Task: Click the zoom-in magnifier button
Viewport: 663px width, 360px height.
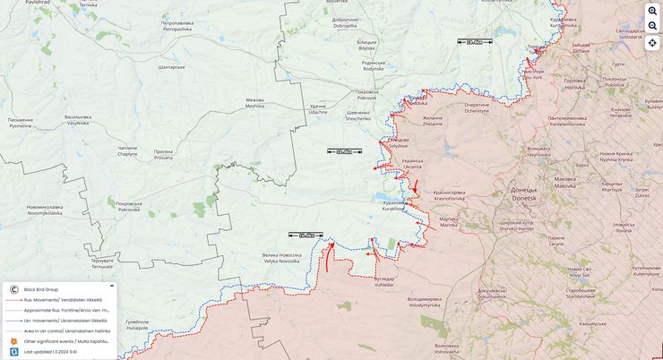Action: point(652,11)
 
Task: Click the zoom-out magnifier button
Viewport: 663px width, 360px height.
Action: point(652,27)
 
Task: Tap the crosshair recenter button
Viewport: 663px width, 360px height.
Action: point(652,43)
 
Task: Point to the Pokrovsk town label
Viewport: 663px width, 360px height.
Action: point(366,95)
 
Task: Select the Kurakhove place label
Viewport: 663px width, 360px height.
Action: point(393,205)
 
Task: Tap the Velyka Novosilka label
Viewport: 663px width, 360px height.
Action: point(281,258)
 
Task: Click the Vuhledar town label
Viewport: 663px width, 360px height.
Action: point(384,281)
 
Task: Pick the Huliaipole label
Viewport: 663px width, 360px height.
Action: point(136,325)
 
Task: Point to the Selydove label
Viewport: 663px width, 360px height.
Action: point(398,142)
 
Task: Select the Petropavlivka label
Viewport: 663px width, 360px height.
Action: point(177,25)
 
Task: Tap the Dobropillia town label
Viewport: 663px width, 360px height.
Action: point(345,22)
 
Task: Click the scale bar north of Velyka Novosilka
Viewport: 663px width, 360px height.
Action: point(306,236)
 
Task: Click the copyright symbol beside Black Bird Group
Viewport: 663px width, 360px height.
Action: point(13,289)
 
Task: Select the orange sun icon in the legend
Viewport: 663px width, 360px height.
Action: point(13,341)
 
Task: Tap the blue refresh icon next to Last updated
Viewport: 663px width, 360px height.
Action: point(13,352)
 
